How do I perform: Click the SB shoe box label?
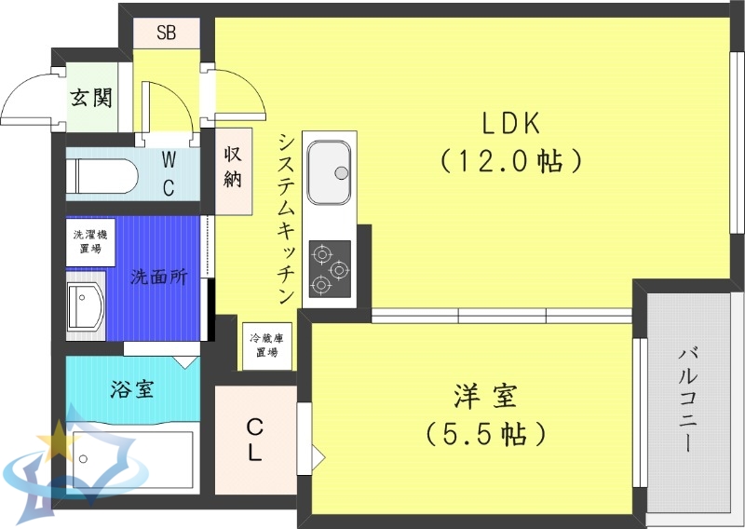coord(166,34)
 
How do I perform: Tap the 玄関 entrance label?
coord(91,96)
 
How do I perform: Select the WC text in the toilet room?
coord(169,173)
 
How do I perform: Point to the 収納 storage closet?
coord(233,167)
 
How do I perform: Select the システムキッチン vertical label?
coord(287,217)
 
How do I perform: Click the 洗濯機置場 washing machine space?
coord(90,242)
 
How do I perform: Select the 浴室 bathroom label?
coord(131,388)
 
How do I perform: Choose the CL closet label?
coord(254,439)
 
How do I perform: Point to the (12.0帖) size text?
coord(510,161)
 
